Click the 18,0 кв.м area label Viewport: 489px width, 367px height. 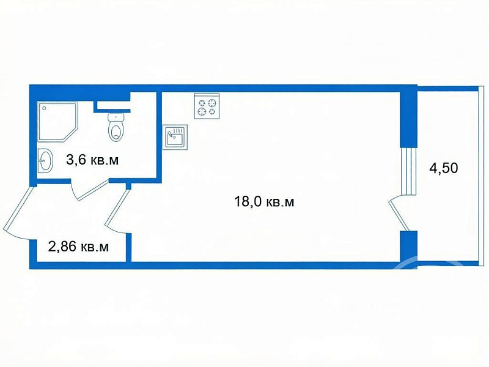pos(264,202)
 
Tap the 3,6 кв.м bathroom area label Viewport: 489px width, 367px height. pos(92,160)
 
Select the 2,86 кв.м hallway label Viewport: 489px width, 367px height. pos(79,247)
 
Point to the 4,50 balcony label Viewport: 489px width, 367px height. pos(444,168)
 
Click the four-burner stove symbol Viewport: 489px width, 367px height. pos(207,106)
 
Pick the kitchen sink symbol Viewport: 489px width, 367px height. pos(175,137)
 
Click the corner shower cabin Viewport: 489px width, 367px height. pos(57,122)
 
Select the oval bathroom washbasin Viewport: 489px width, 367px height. pos(45,161)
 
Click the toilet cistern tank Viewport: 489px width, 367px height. pos(116,117)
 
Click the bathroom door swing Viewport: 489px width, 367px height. pos(90,190)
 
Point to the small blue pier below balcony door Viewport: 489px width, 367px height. pos(408,247)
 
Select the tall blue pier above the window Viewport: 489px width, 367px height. pos(408,119)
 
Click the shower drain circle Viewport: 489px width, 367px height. pos(45,108)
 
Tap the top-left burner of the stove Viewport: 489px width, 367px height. pos(202,102)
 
